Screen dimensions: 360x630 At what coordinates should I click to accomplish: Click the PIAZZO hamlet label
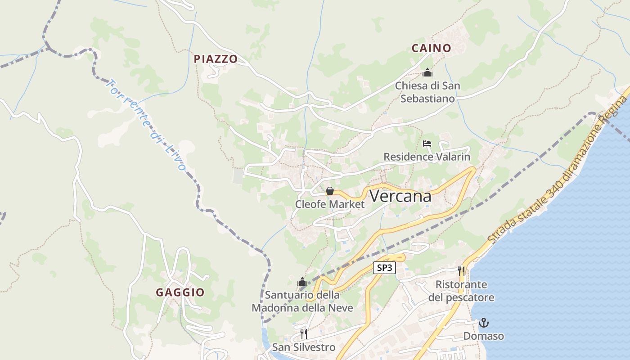pos(216,59)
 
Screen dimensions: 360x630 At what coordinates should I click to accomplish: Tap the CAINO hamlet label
pos(431,48)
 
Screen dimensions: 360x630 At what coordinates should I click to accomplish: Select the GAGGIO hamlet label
pos(180,292)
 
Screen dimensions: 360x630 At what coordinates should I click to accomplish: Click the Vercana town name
pos(400,196)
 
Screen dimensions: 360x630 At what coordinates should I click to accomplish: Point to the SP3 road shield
pos(384,268)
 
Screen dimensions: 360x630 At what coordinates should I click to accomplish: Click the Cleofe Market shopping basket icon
pos(330,191)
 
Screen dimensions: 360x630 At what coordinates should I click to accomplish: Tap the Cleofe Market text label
pos(330,204)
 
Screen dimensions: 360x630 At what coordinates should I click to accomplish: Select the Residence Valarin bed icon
pos(427,144)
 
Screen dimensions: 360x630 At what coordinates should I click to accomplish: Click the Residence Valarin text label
pos(427,157)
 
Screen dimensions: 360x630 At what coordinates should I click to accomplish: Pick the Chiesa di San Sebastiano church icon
pos(427,72)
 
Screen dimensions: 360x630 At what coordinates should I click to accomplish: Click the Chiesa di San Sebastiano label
pos(427,92)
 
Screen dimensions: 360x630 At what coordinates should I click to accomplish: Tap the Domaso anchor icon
pos(484,323)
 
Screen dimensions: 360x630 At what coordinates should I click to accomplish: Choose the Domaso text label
pos(484,336)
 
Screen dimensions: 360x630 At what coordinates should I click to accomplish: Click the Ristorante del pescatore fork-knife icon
pos(461,271)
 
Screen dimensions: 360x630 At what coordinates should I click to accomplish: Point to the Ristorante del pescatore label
pos(461,291)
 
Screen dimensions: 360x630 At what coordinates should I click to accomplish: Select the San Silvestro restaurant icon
pos(304,334)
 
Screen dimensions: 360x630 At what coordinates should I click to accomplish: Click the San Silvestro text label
pos(304,347)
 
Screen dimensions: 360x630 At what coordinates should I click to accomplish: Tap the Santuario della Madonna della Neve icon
pos(302,283)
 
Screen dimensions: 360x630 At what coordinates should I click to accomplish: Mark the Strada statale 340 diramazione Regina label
pos(558,171)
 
